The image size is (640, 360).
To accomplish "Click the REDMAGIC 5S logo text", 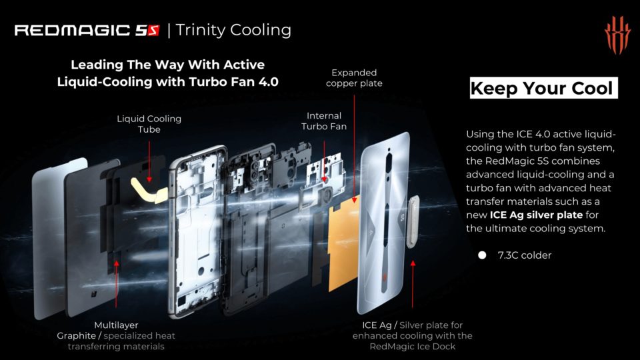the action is click(x=87, y=30).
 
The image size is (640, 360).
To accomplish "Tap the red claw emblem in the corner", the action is click(x=617, y=37).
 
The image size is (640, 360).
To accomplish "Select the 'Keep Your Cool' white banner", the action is click(x=543, y=88).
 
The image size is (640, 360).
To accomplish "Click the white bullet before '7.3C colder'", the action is click(x=482, y=255).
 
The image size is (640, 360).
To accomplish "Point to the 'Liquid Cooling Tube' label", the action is click(x=149, y=124).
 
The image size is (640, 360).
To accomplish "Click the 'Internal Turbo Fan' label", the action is click(x=324, y=121).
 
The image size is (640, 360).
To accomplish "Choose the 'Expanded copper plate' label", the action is click(x=354, y=78).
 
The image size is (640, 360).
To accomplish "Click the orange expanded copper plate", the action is click(x=343, y=244).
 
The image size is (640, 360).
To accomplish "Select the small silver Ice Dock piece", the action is click(x=413, y=221).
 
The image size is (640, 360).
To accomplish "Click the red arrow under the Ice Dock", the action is click(x=413, y=284).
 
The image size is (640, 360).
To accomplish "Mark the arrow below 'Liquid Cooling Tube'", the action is click(x=149, y=161).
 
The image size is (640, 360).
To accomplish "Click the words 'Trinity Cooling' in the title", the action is click(x=233, y=30).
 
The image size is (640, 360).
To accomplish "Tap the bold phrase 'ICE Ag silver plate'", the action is click(x=536, y=215).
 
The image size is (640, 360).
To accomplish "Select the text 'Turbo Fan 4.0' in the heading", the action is click(x=233, y=81).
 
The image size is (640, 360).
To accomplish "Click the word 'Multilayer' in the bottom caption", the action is click(x=116, y=325).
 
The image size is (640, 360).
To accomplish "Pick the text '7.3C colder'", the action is click(x=525, y=255).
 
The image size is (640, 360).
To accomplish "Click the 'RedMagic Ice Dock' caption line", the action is click(x=412, y=347).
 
